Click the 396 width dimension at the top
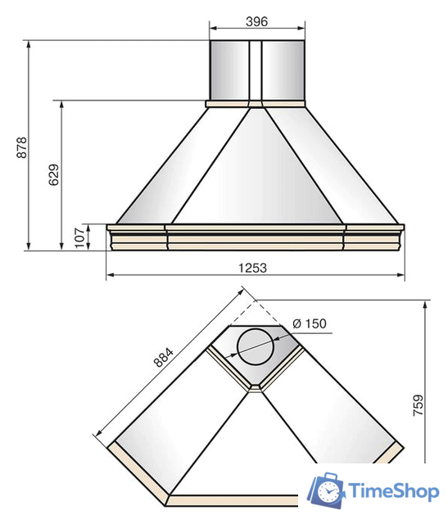click(x=257, y=22)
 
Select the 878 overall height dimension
click(x=22, y=147)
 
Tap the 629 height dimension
click(x=53, y=174)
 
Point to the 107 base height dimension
click(x=79, y=237)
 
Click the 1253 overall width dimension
click(x=252, y=268)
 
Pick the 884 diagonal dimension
click(x=164, y=357)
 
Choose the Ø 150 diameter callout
click(x=310, y=323)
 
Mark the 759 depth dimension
click(x=419, y=405)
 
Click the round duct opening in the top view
click(x=256, y=346)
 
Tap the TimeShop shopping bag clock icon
click(x=326, y=490)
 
